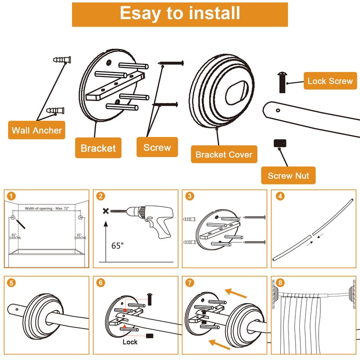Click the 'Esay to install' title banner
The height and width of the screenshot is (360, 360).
click(180, 14)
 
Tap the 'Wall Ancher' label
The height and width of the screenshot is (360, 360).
click(37, 130)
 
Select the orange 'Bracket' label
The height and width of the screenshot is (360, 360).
click(98, 148)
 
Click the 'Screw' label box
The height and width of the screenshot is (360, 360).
click(157, 147)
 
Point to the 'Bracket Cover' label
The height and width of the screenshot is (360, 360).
click(224, 155)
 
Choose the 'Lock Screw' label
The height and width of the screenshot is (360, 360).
click(330, 81)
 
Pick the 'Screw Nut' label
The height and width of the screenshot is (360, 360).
click(288, 175)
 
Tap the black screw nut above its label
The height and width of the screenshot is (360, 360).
click(280, 143)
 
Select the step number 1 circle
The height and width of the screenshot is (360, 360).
click(11, 196)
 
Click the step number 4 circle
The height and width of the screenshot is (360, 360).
click(280, 196)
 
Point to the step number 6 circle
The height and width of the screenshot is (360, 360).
click(101, 283)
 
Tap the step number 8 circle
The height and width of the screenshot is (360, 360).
click(280, 283)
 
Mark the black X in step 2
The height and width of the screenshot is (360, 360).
click(106, 211)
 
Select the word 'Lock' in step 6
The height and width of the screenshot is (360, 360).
click(130, 342)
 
